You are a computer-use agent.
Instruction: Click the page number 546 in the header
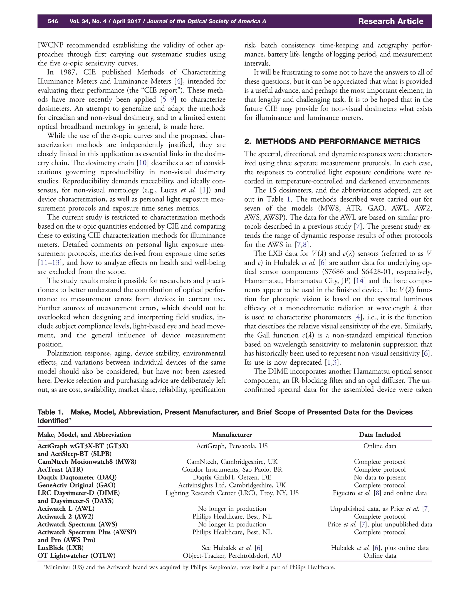[53, 21]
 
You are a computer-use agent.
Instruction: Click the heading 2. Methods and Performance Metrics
[332, 141]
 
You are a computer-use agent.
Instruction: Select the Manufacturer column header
[232, 435]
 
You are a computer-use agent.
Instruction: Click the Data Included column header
[379, 435]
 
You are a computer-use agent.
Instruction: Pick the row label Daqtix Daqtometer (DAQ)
[77, 477]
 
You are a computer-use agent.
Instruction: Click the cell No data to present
[379, 477]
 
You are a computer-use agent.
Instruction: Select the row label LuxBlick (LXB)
[60, 548]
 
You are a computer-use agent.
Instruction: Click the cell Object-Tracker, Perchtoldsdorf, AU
[232, 555]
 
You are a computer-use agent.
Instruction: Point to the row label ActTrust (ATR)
[60, 470]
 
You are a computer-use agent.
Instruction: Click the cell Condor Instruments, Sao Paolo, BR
[232, 470]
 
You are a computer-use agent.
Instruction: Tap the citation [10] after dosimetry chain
[143, 163]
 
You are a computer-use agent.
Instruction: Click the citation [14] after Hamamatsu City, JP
[360, 281]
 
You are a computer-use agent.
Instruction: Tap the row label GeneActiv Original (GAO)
[77, 485]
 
